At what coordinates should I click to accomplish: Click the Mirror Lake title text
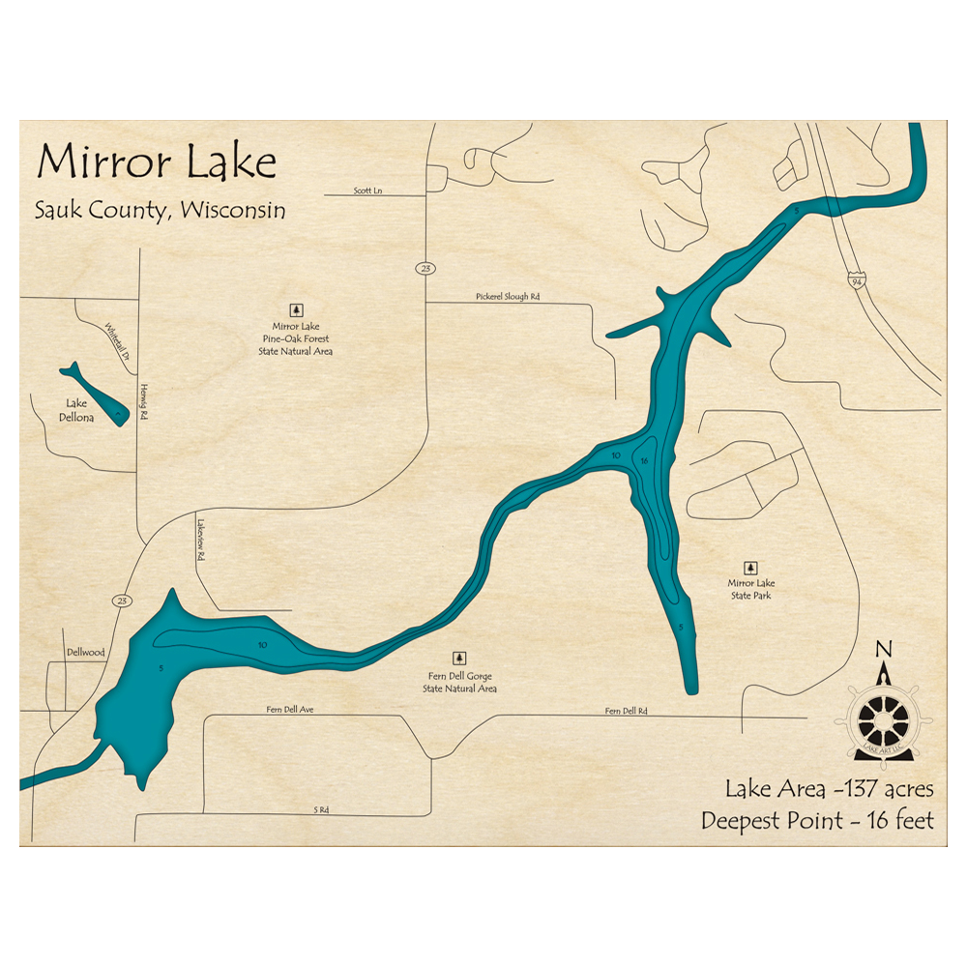tap(157, 162)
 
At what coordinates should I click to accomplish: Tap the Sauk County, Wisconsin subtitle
tap(161, 210)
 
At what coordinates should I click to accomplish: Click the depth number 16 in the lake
tap(644, 461)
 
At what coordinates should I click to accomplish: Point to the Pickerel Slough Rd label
tap(508, 297)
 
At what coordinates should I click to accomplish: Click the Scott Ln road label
tap(367, 191)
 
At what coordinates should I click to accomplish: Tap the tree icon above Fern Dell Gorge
tap(459, 658)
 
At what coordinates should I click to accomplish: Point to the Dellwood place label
tap(85, 653)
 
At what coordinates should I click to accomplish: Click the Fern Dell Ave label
tap(290, 710)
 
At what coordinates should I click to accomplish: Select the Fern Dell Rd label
tap(626, 712)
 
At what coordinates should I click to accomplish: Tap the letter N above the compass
tap(882, 648)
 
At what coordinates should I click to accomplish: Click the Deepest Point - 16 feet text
tap(818, 822)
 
